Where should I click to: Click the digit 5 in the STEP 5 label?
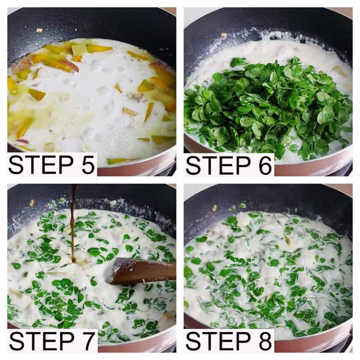(x=88, y=165)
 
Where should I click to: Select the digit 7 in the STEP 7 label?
(x=88, y=341)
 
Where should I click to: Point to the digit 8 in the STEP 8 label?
(x=265, y=341)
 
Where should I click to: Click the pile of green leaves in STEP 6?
(x=269, y=105)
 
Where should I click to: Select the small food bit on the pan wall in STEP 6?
(x=224, y=35)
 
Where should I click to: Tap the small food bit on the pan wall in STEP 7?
(x=32, y=202)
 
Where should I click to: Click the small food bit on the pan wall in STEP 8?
(x=215, y=208)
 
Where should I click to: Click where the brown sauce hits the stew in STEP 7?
(x=74, y=261)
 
